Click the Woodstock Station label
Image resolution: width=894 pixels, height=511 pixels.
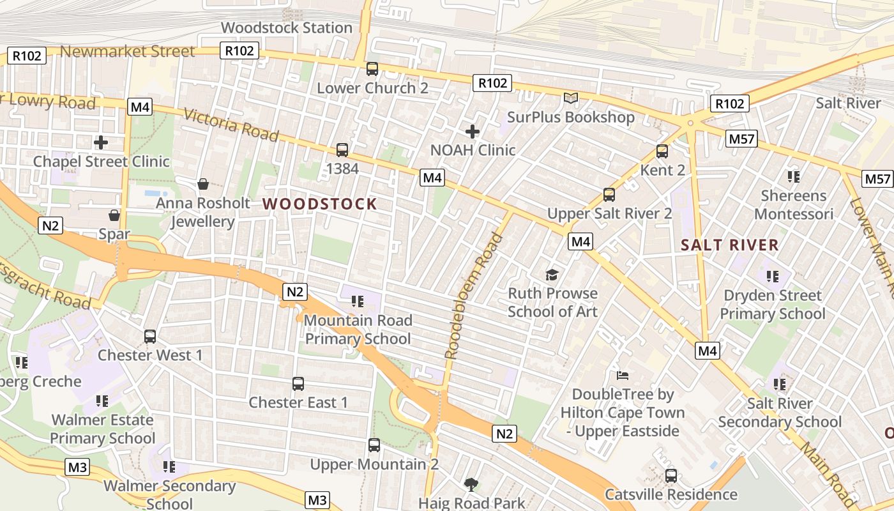[286, 27]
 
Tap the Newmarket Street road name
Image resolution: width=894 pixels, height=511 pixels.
[128, 52]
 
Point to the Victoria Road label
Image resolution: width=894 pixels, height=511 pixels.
[231, 125]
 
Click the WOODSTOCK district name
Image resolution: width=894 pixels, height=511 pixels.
[320, 204]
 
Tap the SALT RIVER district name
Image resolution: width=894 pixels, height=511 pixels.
[729, 245]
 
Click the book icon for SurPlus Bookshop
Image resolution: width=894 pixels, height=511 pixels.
[570, 98]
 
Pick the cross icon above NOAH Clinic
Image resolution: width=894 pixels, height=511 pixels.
[473, 132]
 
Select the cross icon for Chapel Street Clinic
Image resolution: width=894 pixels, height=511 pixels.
[101, 142]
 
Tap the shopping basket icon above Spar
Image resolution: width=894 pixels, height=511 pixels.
[114, 215]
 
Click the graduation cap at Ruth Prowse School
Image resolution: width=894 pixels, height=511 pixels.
[552, 275]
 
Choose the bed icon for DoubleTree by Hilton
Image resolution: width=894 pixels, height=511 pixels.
[623, 376]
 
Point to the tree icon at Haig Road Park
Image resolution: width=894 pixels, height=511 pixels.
[471, 484]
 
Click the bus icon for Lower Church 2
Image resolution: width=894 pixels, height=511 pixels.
[372, 69]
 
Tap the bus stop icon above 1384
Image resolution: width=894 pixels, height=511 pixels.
[342, 150]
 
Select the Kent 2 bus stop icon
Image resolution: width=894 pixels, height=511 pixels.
[662, 151]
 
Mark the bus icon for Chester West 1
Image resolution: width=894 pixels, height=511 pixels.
[150, 336]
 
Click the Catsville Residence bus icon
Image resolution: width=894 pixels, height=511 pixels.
[671, 475]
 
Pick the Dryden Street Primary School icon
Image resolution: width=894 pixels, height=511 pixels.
[773, 277]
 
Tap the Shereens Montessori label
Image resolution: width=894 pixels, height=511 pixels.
[794, 204]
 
